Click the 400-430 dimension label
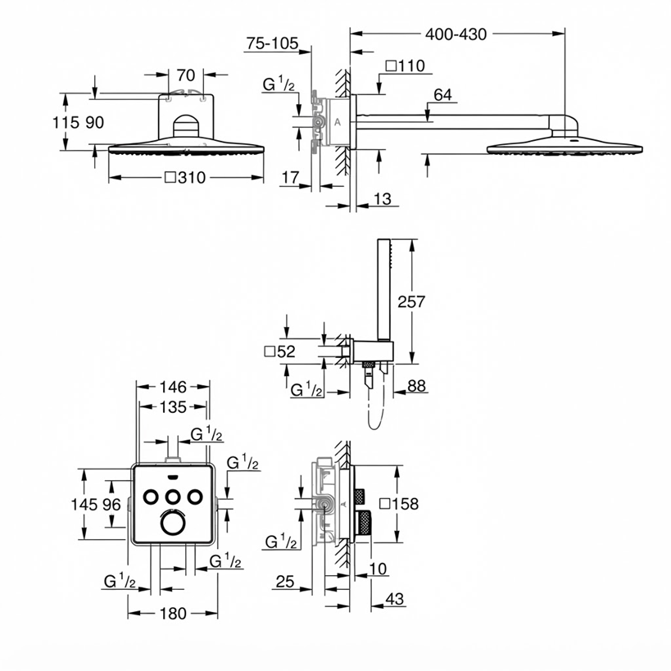click(456, 34)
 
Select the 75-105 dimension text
click(272, 43)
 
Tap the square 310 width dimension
click(185, 178)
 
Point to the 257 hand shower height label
click(411, 301)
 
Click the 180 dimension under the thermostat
click(173, 614)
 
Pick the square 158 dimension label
click(399, 504)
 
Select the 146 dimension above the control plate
click(173, 388)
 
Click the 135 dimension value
click(173, 407)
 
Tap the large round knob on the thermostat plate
click(173, 523)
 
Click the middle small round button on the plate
click(173, 496)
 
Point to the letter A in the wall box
click(338, 122)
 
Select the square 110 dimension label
click(406, 66)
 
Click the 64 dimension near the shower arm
click(442, 94)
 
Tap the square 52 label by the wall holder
click(280, 351)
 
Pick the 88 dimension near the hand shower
click(416, 386)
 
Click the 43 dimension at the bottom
click(394, 599)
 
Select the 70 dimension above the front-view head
click(186, 75)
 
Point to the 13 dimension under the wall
click(382, 199)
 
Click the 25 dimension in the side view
click(285, 582)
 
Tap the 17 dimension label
click(290, 178)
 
